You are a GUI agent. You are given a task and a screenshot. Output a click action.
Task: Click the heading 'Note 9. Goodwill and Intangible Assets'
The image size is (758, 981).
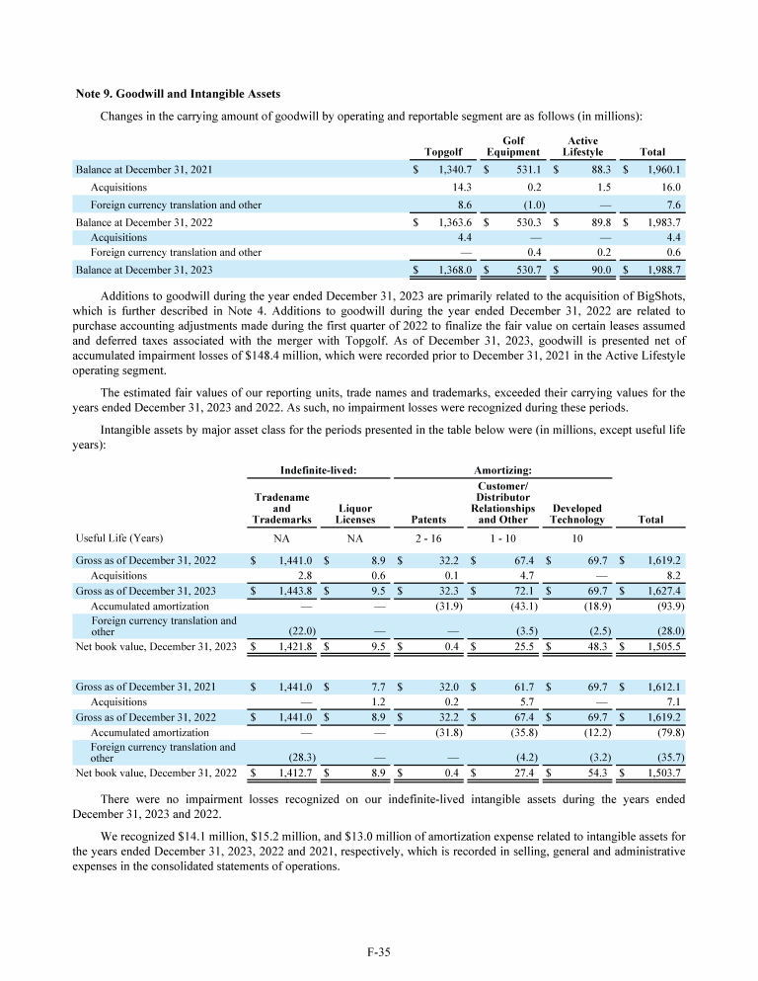pyautogui.click(x=179, y=94)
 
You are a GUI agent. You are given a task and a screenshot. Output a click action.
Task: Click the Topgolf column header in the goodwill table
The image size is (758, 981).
pyautogui.click(x=442, y=152)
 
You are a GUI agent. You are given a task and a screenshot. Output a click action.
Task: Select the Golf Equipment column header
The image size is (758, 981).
pyautogui.click(x=512, y=146)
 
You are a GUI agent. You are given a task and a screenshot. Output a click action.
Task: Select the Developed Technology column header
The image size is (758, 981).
pyautogui.click(x=577, y=514)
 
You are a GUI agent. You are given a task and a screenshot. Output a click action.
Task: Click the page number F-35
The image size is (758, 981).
pyautogui.click(x=379, y=952)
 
